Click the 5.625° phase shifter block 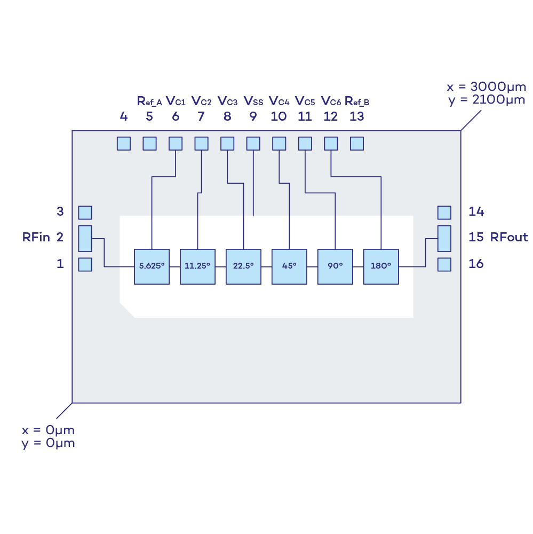point(152,266)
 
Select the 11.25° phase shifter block point(197,266)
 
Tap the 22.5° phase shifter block point(243,266)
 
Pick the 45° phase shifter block point(289,266)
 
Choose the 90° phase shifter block point(335,266)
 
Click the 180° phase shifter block point(381,266)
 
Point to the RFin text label point(36,237)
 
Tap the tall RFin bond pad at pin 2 point(85,238)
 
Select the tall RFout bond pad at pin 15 point(444,238)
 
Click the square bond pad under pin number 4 point(124,144)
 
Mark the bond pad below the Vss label point(253,144)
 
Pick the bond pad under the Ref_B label point(356,144)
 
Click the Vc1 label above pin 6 point(176,101)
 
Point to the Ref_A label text point(149,101)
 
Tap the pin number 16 point(476,264)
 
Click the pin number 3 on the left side point(60,212)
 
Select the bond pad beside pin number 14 point(444,213)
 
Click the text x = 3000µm point(486,87)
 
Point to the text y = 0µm point(48,443)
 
